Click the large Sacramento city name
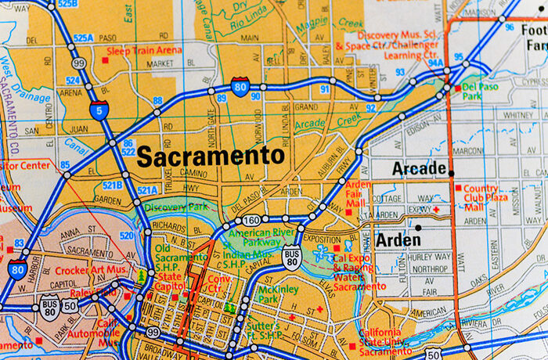(210, 156)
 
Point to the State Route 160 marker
(251, 220)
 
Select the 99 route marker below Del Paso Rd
(78, 63)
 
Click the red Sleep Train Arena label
(144, 51)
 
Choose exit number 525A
(84, 37)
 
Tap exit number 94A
(435, 63)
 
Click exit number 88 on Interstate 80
(158, 100)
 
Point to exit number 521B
(113, 185)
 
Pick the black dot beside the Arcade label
(451, 170)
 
